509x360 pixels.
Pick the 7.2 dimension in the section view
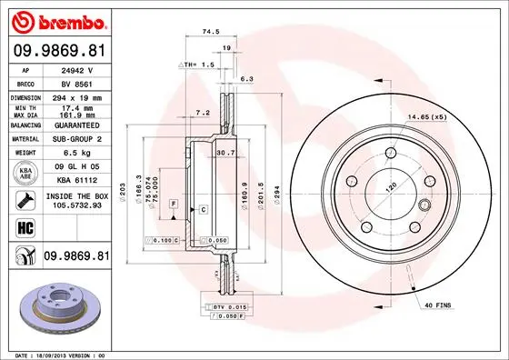pos(203,112)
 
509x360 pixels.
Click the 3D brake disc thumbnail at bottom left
pos(55,305)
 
